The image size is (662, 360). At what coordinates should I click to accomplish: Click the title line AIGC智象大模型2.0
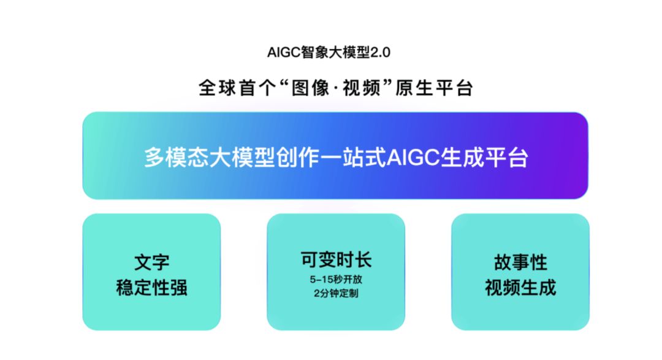[x=329, y=52]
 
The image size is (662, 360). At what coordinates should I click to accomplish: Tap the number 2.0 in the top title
[x=381, y=52]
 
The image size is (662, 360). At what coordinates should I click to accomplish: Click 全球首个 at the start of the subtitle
[x=237, y=88]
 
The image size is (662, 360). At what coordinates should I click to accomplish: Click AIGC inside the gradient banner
[x=413, y=158]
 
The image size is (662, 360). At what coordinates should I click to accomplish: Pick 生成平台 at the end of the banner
[x=484, y=158]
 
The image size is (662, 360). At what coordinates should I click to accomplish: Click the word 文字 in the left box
[x=151, y=262]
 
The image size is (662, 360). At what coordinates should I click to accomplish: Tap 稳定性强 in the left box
[x=151, y=288]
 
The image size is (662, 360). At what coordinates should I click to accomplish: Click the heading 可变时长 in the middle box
[x=336, y=259]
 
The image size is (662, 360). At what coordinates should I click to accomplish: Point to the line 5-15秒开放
[x=336, y=279]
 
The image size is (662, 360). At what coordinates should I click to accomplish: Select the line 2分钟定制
[x=336, y=293]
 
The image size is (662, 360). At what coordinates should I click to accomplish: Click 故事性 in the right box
[x=520, y=262]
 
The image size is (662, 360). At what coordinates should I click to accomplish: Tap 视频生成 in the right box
[x=520, y=288]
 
